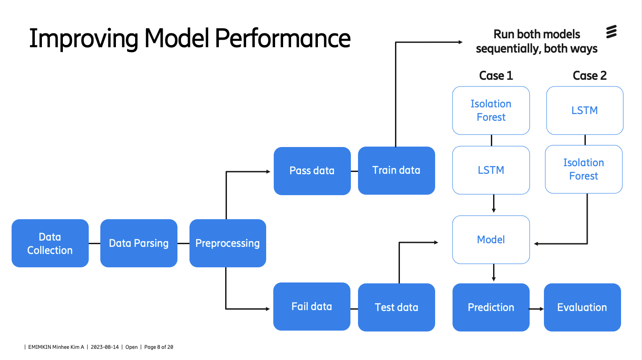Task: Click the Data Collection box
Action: pos(50,243)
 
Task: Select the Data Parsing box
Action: pos(139,243)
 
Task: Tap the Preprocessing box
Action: pos(227,243)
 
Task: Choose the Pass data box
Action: pos(312,171)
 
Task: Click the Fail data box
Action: pos(312,307)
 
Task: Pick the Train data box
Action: pos(396,170)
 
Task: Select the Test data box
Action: pos(396,307)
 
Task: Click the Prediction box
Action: pos(491,307)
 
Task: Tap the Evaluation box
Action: pos(582,307)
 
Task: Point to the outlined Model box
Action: pos(491,240)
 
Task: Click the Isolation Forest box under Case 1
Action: pos(491,110)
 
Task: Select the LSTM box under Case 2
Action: pos(584,110)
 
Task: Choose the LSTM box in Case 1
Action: pos(491,170)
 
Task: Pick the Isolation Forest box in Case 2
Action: pos(584,169)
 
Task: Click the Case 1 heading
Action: pos(496,76)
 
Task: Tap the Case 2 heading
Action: pos(589,76)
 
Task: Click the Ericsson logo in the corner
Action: pos(611,32)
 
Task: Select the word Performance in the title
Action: pos(282,38)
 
